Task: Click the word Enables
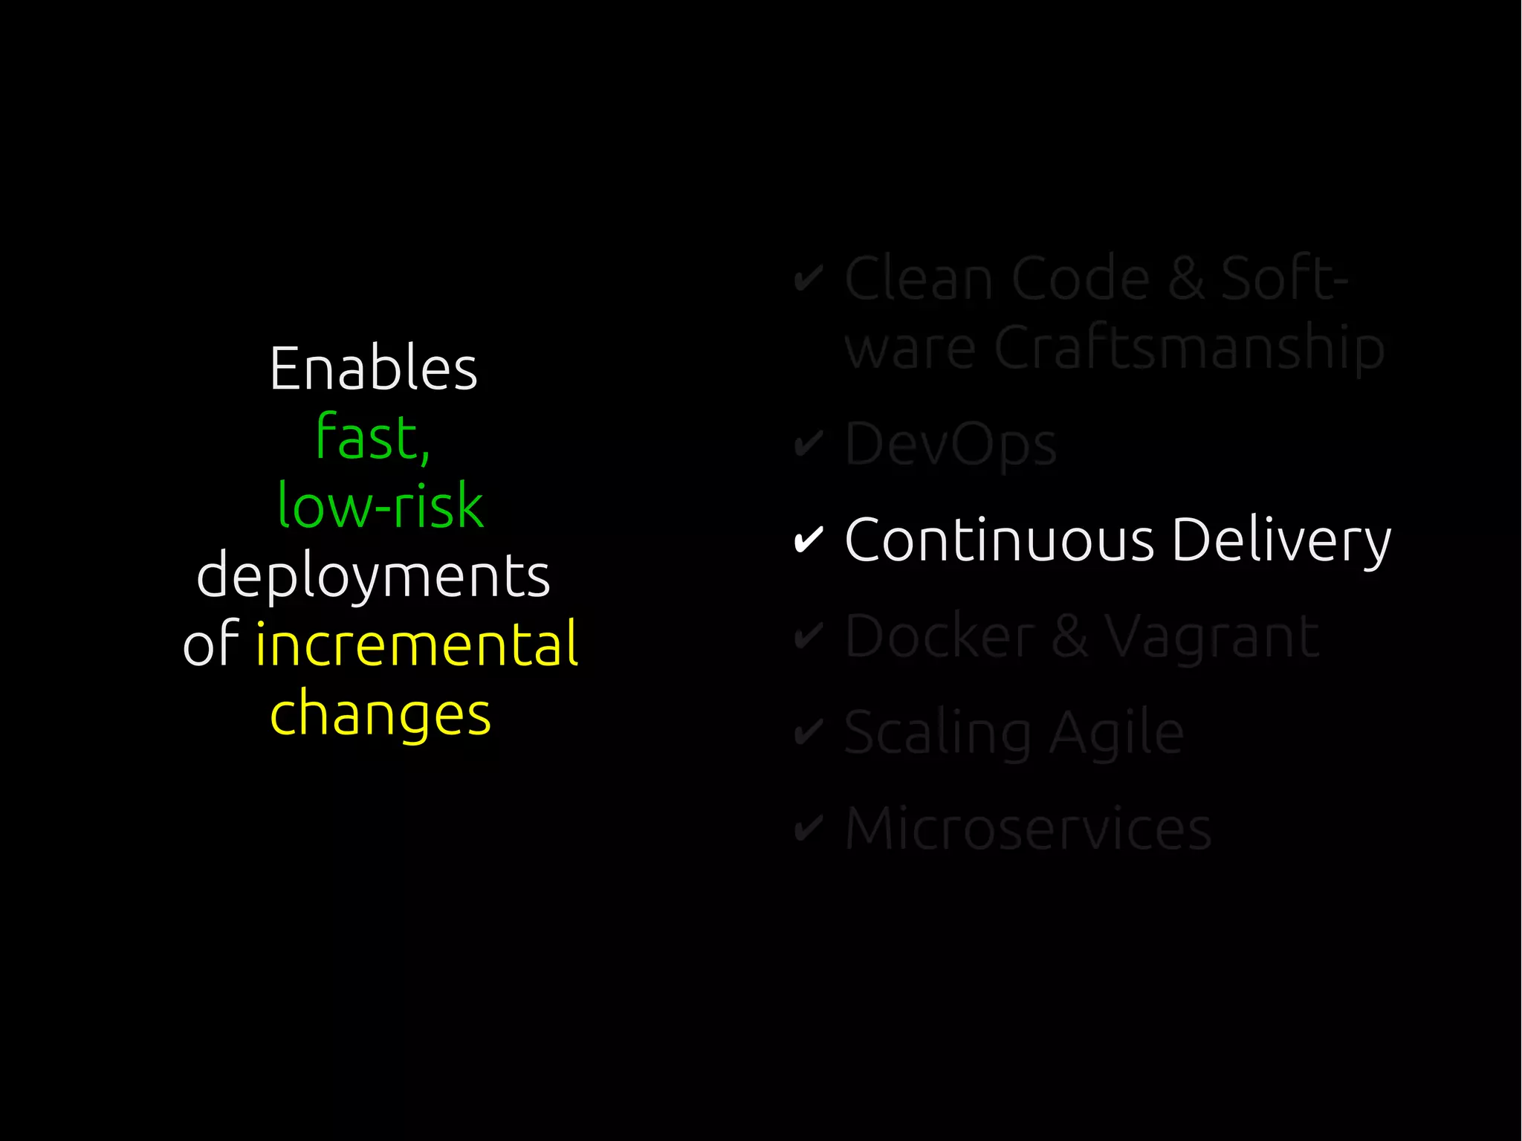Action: click(x=373, y=369)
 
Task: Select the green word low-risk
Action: click(x=380, y=505)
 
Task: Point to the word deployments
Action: click(x=373, y=577)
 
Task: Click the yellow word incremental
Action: click(x=416, y=644)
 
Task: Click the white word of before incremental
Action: click(x=210, y=644)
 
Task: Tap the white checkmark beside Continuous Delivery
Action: click(x=809, y=540)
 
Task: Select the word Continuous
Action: click(x=1000, y=540)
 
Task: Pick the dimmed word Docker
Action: click(x=940, y=636)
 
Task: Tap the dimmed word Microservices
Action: click(x=1028, y=828)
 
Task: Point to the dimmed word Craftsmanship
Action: click(x=1189, y=348)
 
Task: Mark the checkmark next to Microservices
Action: click(x=809, y=828)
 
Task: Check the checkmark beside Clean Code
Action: click(x=809, y=279)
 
